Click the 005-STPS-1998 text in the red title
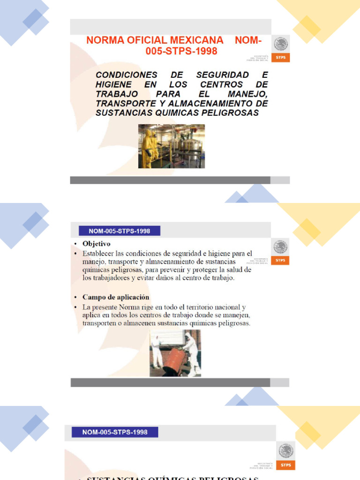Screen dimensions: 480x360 (x=181, y=52)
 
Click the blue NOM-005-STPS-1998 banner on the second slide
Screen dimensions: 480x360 (x=120, y=231)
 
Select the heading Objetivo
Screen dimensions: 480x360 (x=97, y=244)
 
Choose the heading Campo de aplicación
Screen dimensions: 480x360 (x=116, y=297)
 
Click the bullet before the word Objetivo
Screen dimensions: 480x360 (x=76, y=244)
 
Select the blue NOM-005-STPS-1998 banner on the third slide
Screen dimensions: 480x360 (x=114, y=432)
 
